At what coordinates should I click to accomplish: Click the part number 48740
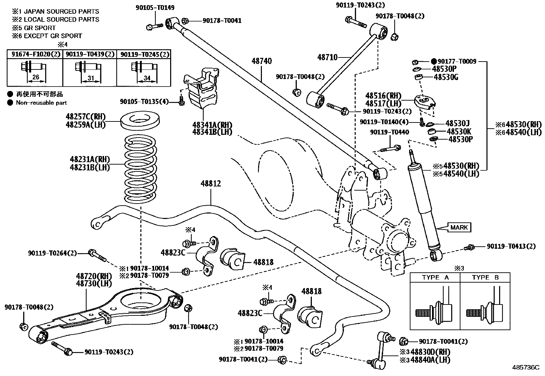click(262, 61)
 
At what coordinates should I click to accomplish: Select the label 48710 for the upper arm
click(327, 57)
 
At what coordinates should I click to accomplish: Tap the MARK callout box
click(459, 227)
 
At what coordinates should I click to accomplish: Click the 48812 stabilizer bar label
click(211, 184)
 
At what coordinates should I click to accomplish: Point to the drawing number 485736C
click(525, 367)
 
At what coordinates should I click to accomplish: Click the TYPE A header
click(435, 277)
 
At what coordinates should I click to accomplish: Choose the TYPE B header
click(485, 277)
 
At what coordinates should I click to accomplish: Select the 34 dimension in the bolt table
click(147, 78)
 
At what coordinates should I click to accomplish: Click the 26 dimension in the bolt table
click(36, 78)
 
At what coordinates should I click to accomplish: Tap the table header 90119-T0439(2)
click(90, 54)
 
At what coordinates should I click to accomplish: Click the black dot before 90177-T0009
click(434, 62)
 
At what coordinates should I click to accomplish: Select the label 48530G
click(446, 77)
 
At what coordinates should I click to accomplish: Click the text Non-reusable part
click(41, 103)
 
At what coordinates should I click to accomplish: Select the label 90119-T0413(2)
click(511, 246)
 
